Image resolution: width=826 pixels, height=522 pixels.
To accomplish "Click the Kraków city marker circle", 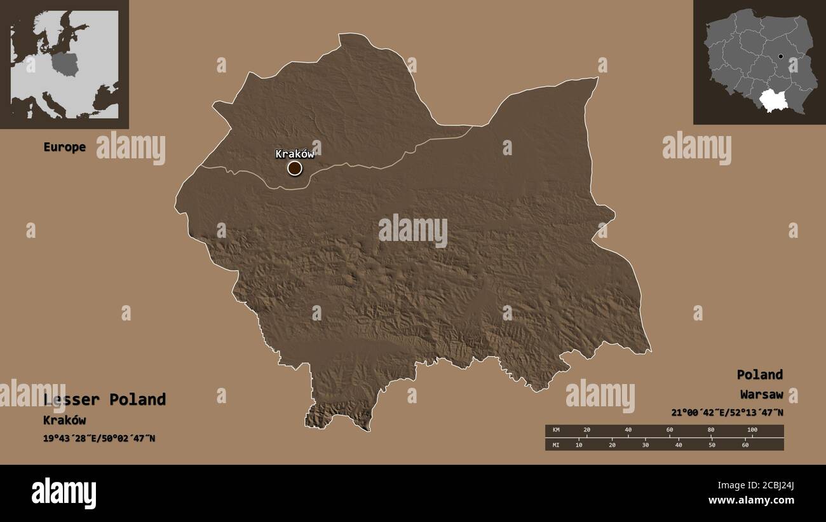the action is click(295, 168).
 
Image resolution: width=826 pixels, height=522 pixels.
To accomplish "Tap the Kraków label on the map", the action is click(294, 154).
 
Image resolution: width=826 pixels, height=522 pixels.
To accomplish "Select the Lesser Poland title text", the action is click(105, 399).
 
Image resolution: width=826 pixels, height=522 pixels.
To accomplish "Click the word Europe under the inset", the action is click(64, 147).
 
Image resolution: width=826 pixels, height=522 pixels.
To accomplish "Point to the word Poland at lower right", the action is click(759, 374).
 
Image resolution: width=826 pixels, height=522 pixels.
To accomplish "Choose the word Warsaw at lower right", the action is click(761, 395).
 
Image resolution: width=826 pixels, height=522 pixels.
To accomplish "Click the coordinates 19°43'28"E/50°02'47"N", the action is click(99, 439).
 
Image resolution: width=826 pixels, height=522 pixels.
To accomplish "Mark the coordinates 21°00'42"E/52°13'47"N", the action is click(727, 413).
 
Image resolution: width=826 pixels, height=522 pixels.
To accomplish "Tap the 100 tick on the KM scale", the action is click(752, 430).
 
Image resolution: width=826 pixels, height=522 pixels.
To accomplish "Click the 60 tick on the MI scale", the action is click(745, 444).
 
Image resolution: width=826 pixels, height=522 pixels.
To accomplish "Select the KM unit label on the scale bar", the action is click(557, 430).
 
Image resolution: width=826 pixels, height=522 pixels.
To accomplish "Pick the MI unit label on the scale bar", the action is click(557, 444).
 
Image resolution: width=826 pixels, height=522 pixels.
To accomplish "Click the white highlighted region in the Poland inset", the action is click(773, 99).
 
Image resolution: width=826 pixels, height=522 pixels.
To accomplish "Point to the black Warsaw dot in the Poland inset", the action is click(781, 56).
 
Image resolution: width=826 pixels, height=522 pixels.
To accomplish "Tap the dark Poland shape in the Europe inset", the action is click(65, 64).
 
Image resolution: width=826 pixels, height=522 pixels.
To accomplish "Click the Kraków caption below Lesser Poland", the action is click(64, 420).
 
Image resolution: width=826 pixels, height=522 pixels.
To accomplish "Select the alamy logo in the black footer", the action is click(64, 493).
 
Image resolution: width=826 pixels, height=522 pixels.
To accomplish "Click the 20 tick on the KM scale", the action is click(586, 430).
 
